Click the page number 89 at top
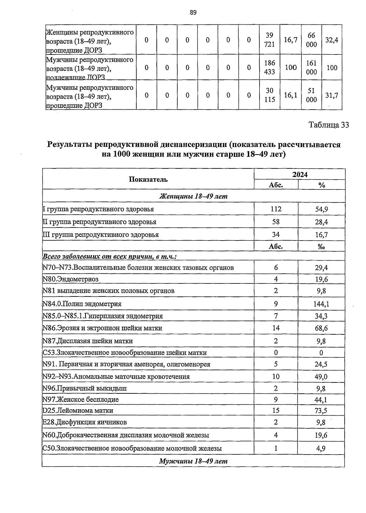coord(193,12)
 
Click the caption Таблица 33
coord(328,125)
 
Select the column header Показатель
coord(148,179)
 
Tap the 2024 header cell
coord(300,174)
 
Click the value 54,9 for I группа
coord(321,209)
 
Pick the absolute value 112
coord(276,209)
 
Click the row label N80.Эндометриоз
coord(71,279)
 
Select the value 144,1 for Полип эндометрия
coord(321,304)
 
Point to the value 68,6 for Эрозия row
coord(321,328)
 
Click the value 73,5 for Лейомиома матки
coord(321,411)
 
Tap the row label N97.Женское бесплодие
coord(81,399)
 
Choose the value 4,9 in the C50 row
coord(321,448)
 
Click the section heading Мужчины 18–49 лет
coord(193,461)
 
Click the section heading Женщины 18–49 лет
coord(193,196)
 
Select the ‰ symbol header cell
coord(321,247)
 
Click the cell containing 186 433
coord(270,67)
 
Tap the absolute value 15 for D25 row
coord(276,410)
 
